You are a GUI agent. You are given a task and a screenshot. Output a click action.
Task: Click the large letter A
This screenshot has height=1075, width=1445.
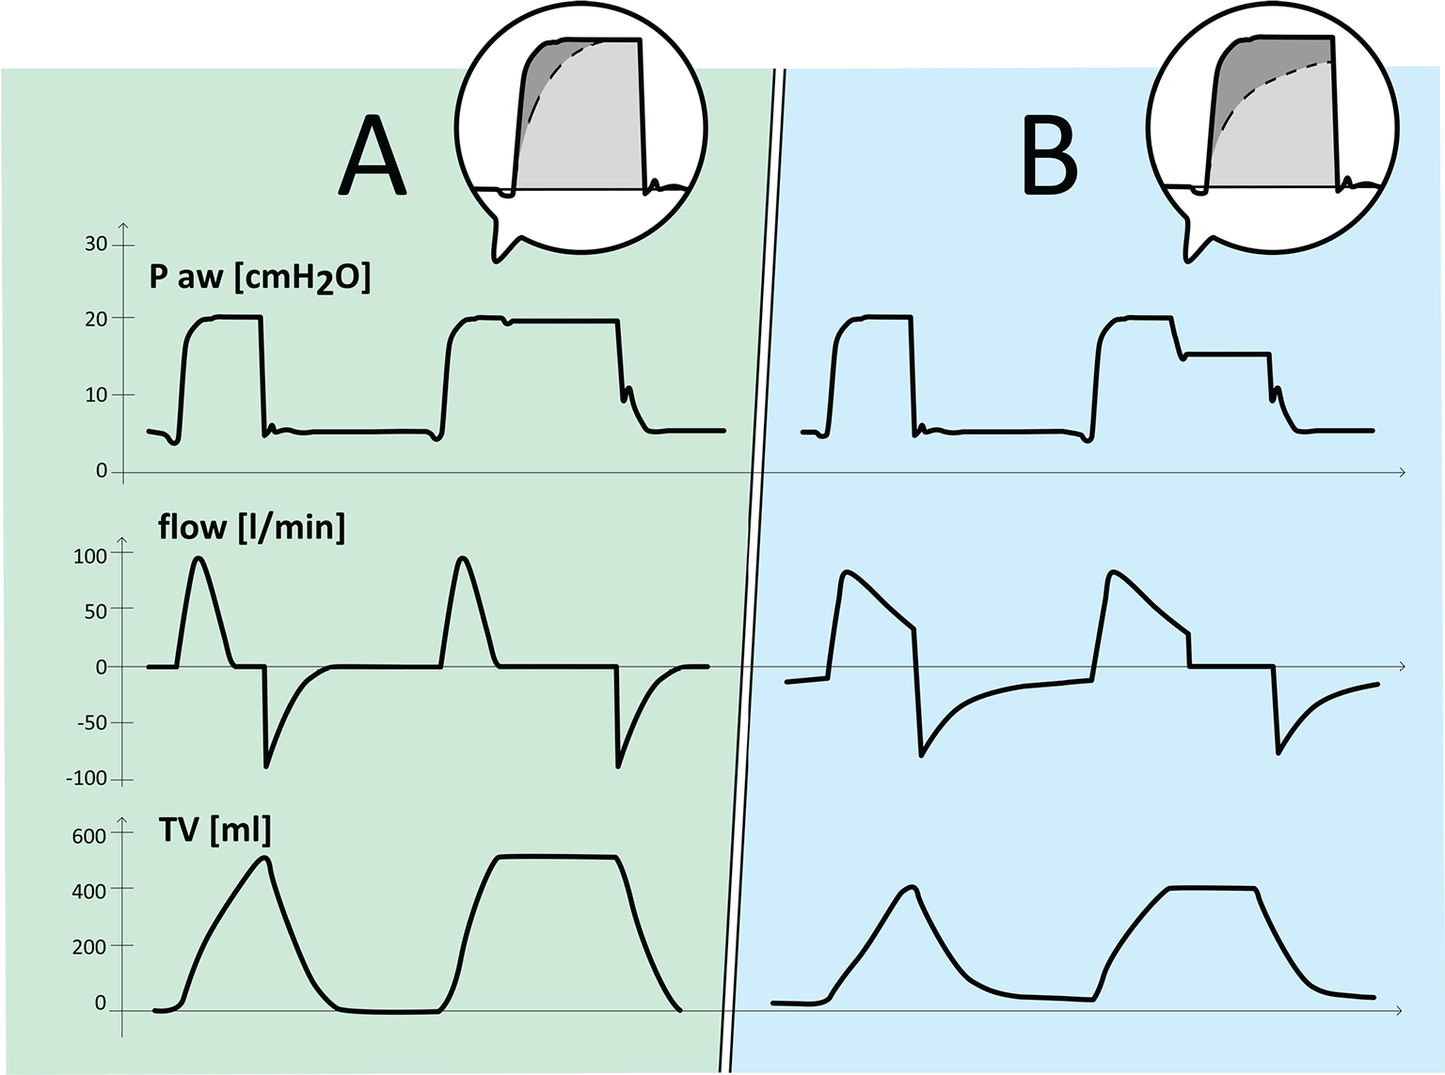373,155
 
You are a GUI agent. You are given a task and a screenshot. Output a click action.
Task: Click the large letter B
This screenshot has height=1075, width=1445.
1049,155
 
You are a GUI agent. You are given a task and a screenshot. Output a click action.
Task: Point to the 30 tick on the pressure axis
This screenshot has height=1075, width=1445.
96,245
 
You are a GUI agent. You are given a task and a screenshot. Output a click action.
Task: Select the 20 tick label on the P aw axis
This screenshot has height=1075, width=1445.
96,319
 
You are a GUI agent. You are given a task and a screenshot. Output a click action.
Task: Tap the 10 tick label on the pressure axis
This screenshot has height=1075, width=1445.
96,395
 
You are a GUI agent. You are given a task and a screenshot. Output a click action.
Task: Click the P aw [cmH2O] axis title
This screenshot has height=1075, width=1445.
260,278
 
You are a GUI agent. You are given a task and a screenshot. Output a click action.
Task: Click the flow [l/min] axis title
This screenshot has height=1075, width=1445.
251,527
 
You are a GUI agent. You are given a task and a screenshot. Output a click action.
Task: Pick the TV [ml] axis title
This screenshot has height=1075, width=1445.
214,830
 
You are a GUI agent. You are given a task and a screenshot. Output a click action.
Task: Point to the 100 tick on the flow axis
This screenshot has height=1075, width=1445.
90,556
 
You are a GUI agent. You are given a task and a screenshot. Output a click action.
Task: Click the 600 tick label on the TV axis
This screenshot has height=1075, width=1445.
88,836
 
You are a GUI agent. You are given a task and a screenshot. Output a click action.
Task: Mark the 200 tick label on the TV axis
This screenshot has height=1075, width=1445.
88,947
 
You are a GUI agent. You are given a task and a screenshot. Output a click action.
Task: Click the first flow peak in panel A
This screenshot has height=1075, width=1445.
198,558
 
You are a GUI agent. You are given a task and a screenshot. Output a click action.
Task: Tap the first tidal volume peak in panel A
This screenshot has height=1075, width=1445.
264,858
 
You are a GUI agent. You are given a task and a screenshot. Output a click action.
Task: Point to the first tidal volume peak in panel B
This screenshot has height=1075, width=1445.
913,887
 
